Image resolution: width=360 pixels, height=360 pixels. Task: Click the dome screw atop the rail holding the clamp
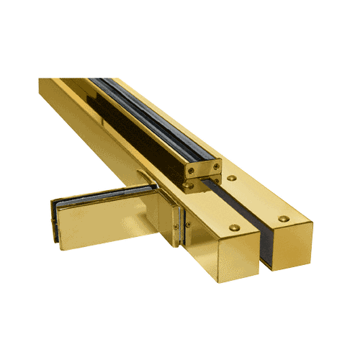tap(233, 228)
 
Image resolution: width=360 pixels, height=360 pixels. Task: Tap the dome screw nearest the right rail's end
tap(284, 217)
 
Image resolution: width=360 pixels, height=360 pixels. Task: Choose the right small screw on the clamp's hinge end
tap(188, 225)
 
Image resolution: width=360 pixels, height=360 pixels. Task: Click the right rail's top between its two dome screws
tap(259, 198)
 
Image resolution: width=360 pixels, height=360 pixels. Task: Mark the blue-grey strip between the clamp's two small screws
tap(181, 227)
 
